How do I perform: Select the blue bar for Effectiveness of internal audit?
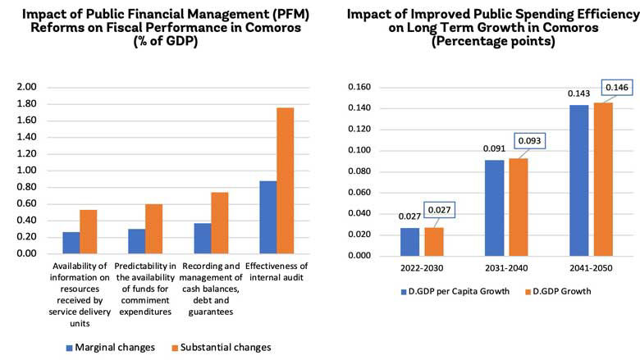pos(267,216)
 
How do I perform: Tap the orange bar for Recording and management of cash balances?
pos(220,222)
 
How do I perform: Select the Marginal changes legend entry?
pos(107,347)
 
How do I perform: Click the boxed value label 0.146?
pos(615,87)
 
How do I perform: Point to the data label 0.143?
pos(578,93)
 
